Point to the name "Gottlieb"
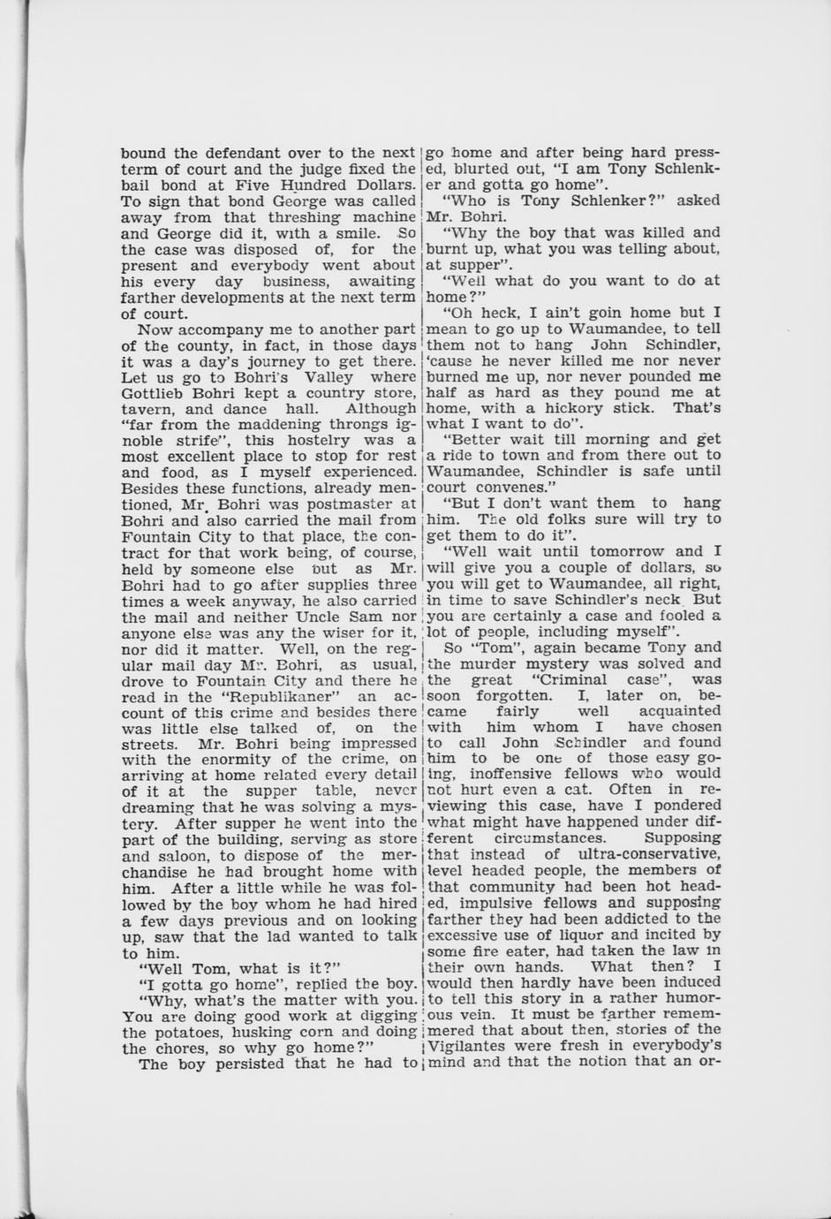click(x=152, y=392)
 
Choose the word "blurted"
click(x=486, y=169)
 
